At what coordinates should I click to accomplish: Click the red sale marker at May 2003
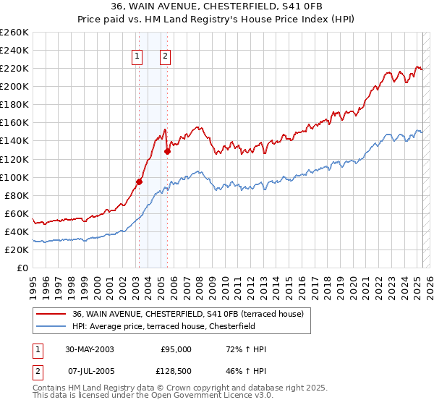(x=139, y=182)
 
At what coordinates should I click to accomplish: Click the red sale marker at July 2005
(x=167, y=151)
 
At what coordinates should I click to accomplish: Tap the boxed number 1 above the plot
(x=137, y=57)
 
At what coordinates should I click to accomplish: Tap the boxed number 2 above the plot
(x=165, y=57)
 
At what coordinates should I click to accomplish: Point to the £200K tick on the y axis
(x=15, y=87)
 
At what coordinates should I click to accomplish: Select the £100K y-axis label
(x=15, y=177)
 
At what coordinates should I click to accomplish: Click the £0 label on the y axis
(x=23, y=268)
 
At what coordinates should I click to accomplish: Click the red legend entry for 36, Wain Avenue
(x=192, y=314)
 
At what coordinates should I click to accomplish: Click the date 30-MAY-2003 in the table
(x=89, y=349)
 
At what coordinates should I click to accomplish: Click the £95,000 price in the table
(x=176, y=349)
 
